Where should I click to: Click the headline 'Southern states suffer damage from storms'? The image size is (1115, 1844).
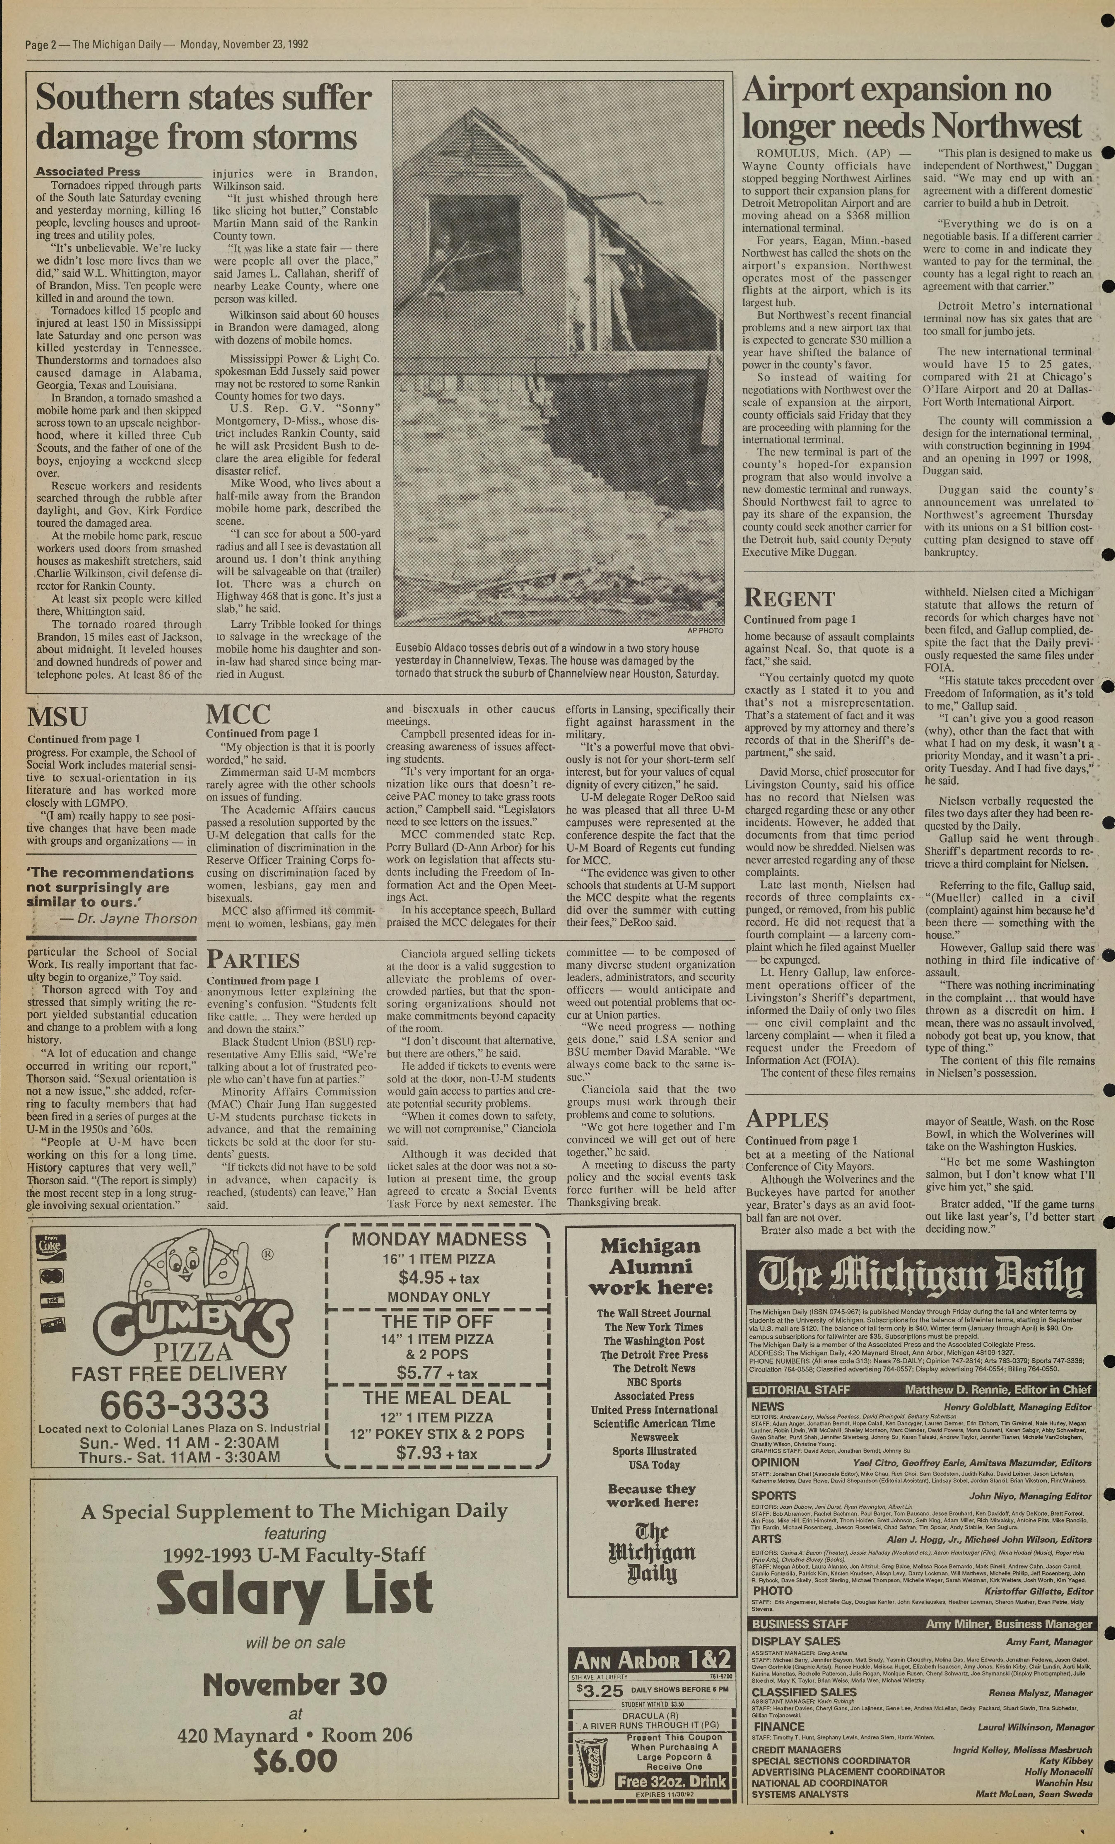204,117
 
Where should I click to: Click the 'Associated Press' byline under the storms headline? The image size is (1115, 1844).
88,171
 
